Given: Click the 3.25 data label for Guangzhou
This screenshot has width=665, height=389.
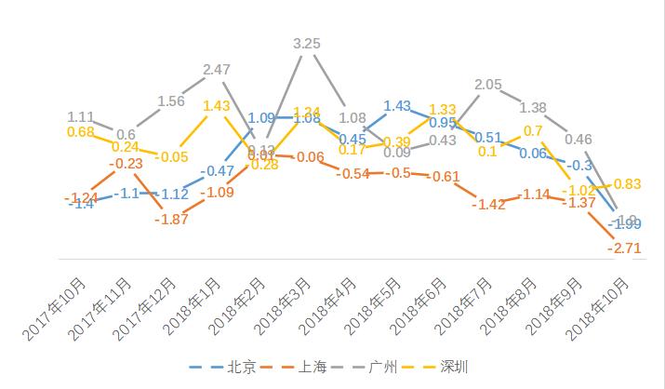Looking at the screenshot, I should pos(308,44).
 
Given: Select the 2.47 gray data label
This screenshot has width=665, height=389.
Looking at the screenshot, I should pos(217,70).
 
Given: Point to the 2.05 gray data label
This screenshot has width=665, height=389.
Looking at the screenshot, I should pos(488,85).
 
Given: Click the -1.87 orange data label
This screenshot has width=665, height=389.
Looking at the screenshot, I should pos(172,219).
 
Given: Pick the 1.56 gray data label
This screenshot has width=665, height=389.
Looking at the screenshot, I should pos(172,101).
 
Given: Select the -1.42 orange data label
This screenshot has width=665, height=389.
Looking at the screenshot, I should pos(488,204).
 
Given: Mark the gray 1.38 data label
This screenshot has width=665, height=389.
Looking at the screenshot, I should pos(533,107).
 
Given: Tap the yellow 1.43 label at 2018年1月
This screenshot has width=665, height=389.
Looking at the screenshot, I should pos(217,106).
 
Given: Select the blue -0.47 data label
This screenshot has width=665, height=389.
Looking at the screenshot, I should pos(219,170).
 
